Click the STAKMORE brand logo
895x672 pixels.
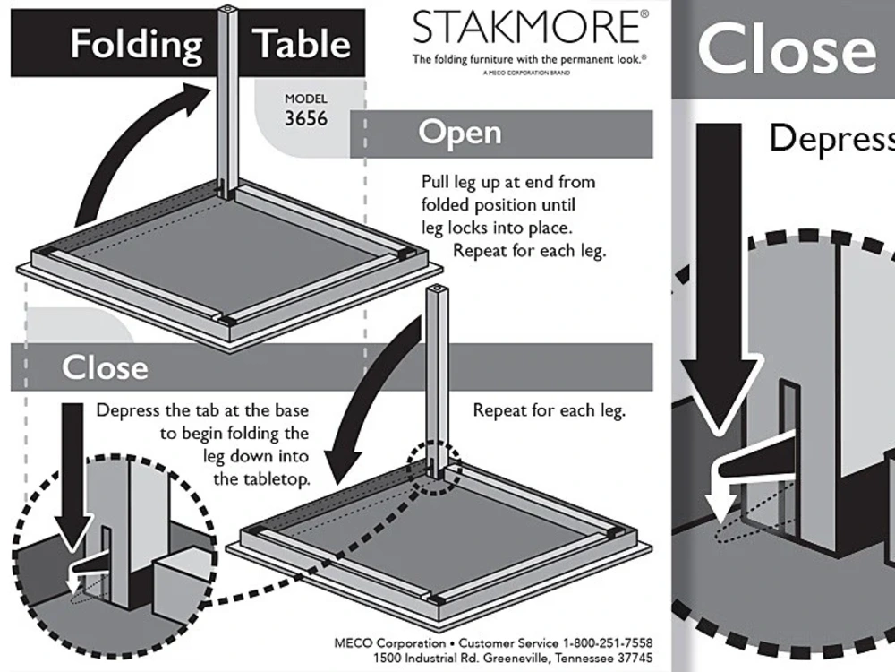coord(525,28)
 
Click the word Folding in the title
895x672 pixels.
coord(136,44)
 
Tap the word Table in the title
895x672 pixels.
coord(301,44)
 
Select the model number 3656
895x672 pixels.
coord(305,119)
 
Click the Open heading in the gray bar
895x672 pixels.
coord(460,133)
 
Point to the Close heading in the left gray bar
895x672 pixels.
coord(105,367)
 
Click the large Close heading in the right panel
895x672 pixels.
coord(786,49)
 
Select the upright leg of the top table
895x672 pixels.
coord(228,99)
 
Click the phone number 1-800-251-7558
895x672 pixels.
coord(608,643)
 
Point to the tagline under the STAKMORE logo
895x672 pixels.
coord(529,59)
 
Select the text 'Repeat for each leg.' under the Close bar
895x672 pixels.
coord(549,411)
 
